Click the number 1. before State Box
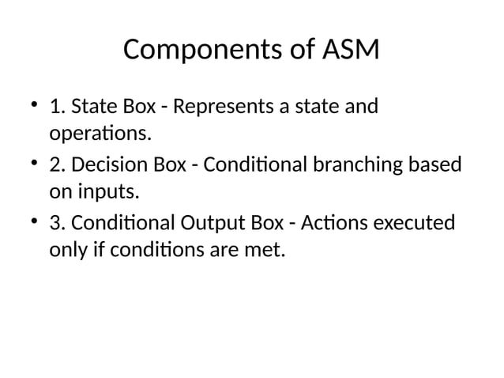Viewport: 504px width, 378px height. pyautogui.click(x=58, y=107)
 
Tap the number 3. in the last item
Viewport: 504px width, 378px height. pyautogui.click(x=58, y=224)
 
